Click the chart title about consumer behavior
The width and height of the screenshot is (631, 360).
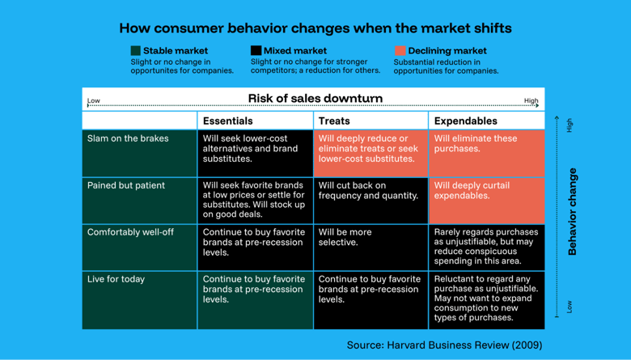[315, 28]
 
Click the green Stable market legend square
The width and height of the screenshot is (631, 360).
[136, 51]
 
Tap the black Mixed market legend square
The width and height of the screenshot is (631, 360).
[256, 51]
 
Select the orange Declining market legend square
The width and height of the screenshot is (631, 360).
[400, 51]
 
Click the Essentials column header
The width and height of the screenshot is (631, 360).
[227, 121]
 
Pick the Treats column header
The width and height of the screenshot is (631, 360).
[334, 121]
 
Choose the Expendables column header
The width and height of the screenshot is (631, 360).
[465, 121]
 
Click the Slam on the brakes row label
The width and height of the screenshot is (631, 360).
[128, 138]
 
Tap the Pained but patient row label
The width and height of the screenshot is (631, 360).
[126, 185]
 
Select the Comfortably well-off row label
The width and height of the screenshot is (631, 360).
[130, 232]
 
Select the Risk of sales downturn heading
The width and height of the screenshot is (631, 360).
[315, 99]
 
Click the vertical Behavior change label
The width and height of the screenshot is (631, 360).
[573, 212]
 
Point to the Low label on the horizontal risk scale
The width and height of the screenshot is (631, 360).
[94, 101]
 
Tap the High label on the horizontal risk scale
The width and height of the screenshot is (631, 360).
[531, 101]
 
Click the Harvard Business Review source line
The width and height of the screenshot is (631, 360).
[444, 345]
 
